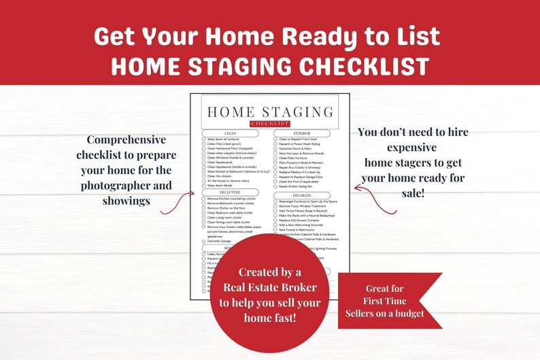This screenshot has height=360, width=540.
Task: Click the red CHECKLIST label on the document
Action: click(269, 123)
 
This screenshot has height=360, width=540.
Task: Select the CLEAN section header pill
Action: click(230, 133)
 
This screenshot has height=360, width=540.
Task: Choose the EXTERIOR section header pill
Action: click(301, 133)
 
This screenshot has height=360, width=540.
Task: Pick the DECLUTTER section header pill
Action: click(230, 193)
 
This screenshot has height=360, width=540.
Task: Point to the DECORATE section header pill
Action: click(301, 195)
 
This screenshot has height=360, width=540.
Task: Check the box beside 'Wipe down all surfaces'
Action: click(203, 139)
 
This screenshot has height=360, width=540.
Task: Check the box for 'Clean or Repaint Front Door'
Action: click(275, 139)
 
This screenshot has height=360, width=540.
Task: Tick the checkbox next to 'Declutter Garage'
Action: click(203, 241)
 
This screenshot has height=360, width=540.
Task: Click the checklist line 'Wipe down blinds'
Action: click(222, 185)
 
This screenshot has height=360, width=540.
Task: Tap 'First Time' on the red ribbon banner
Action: click(385, 301)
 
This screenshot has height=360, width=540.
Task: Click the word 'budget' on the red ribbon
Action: click(408, 313)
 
